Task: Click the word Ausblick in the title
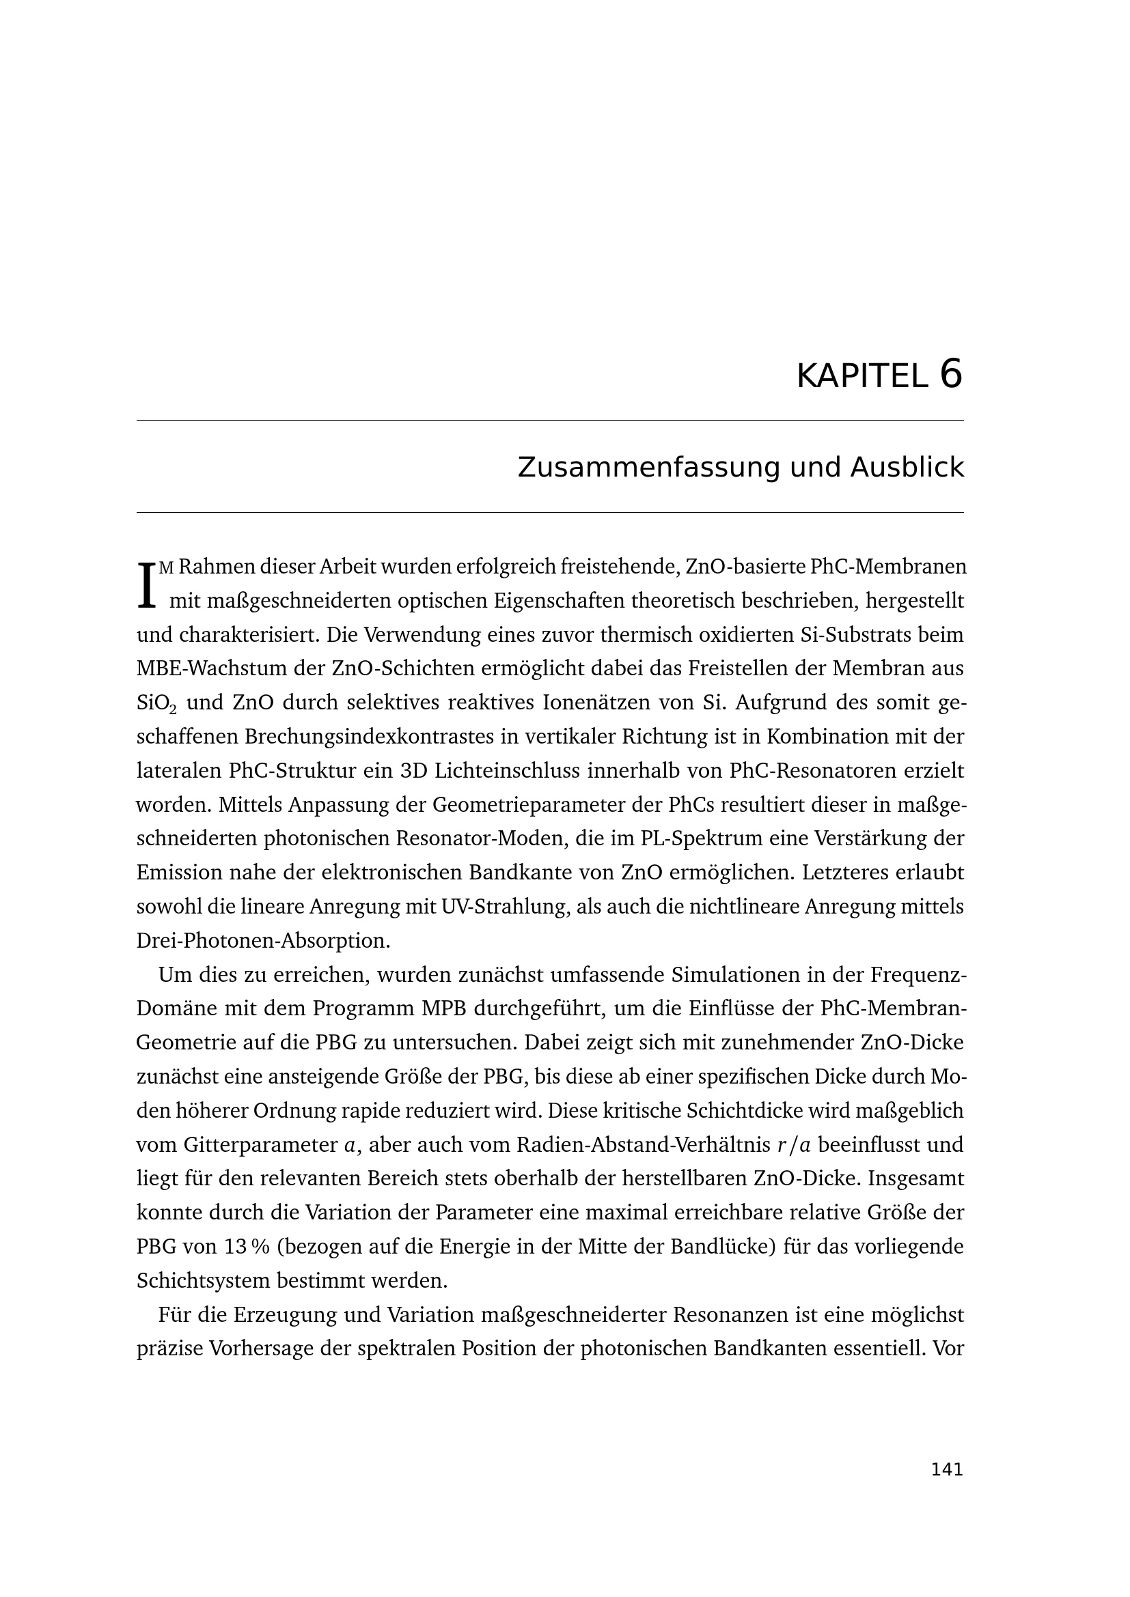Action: pos(907,468)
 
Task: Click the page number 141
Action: pos(947,1470)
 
